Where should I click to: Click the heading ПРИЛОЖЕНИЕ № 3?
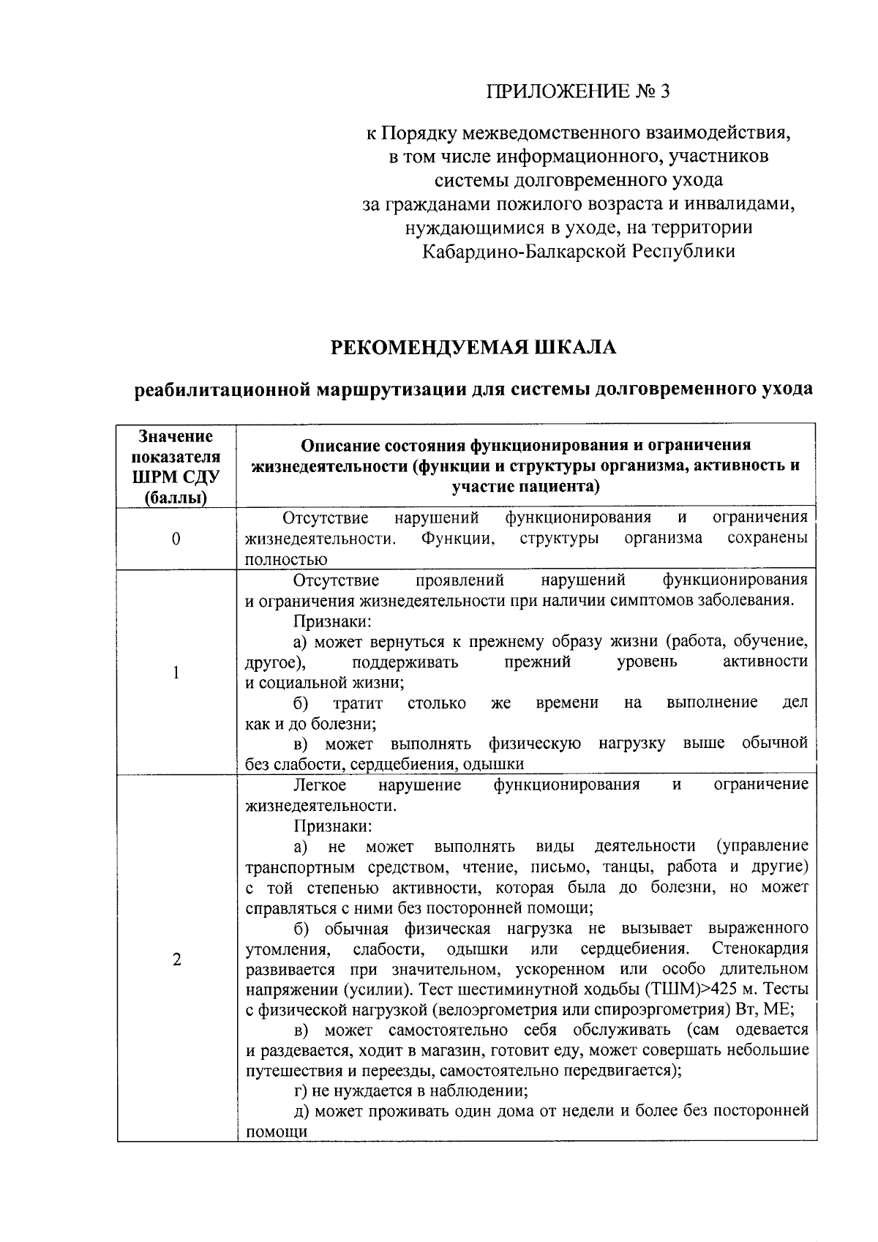coord(578,91)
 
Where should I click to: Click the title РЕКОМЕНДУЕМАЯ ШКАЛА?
coord(473,347)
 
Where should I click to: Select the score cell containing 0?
coord(176,539)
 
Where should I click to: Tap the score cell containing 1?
coord(176,672)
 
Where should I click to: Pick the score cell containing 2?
coord(176,960)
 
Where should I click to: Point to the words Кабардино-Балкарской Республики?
coord(578,251)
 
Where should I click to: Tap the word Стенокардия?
coord(759,949)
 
